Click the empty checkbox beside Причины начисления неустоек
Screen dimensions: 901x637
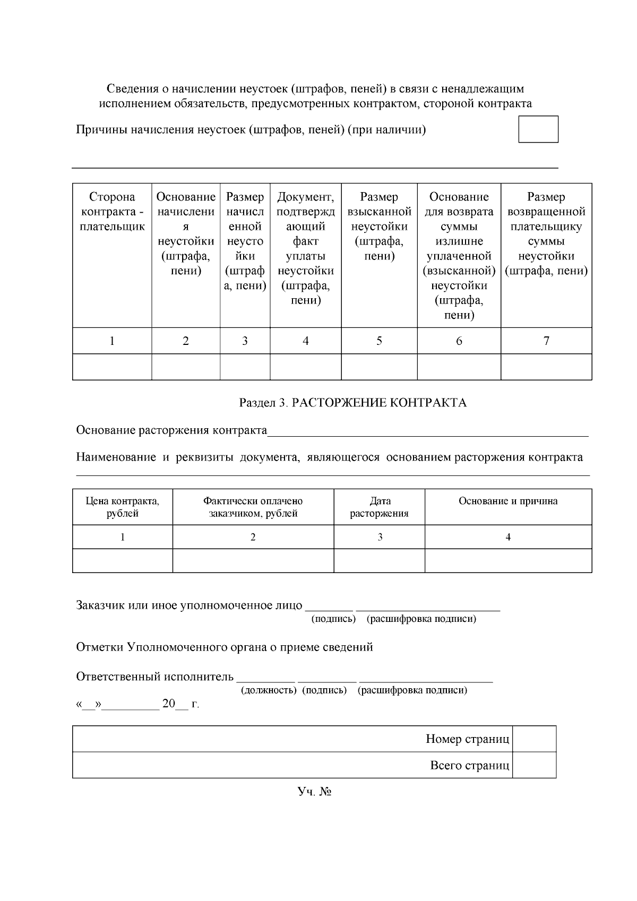point(538,129)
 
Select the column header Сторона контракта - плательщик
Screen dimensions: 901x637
point(112,212)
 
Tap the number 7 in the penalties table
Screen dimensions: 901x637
point(546,341)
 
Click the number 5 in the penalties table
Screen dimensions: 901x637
point(379,341)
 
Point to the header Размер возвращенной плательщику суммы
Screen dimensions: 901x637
point(546,234)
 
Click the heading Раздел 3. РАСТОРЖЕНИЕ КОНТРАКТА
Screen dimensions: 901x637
point(352,403)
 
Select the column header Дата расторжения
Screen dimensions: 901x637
point(379,507)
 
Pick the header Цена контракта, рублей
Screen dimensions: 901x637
point(123,507)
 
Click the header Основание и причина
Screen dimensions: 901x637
point(508,501)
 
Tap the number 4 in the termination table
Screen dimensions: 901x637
point(508,537)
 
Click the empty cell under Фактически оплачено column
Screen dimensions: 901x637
point(253,560)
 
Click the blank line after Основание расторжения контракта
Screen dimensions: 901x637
point(427,431)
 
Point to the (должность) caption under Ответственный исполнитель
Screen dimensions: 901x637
point(269,690)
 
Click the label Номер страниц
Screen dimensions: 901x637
point(467,739)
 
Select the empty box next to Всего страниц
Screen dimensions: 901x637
point(534,765)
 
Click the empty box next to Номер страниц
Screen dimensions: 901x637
point(534,739)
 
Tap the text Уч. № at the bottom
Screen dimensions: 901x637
point(314,792)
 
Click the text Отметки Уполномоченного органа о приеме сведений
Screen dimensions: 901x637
point(225,647)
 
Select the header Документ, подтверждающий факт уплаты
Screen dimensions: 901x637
point(306,249)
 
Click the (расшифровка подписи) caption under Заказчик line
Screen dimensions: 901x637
point(421,619)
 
